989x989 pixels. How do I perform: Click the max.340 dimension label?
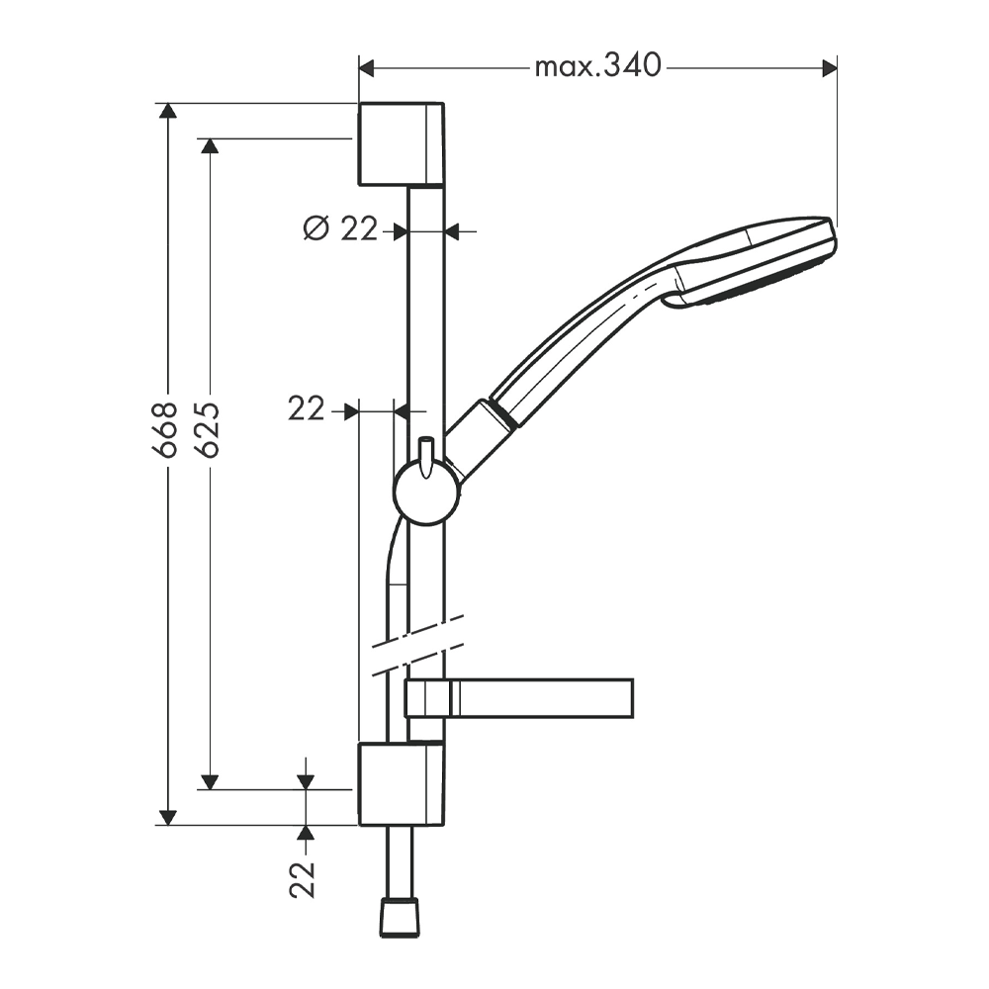597,65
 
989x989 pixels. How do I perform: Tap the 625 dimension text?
208,429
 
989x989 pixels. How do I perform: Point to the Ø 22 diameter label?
340,228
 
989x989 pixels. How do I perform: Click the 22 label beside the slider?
307,409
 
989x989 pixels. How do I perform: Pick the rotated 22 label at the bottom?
303,879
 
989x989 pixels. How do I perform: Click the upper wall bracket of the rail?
402,144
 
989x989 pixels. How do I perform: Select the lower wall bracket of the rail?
402,784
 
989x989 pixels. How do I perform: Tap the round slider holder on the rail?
426,492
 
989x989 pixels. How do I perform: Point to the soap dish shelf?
518,698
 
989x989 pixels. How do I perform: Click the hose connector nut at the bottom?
401,917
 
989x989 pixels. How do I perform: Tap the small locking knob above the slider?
426,455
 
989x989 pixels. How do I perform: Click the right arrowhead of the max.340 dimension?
830,68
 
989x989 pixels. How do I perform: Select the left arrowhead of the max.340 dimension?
367,68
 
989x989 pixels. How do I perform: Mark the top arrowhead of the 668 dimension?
167,111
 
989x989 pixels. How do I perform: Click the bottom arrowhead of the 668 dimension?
167,817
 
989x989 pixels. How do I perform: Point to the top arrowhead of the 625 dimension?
210,145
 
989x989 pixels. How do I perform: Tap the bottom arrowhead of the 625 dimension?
210,781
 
